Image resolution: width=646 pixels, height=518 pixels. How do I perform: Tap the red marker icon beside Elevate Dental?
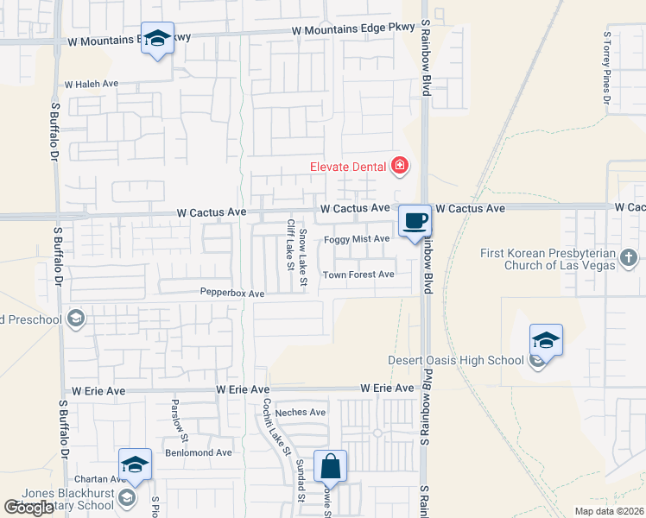click(399, 165)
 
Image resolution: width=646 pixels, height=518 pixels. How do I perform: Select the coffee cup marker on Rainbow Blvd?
click(415, 221)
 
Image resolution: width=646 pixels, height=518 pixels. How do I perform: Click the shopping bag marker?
click(330, 467)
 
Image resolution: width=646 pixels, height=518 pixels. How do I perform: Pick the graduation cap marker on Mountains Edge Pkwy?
click(157, 39)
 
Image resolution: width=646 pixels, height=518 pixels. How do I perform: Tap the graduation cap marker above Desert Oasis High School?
click(546, 341)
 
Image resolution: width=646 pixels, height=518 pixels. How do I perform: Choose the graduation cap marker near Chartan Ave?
click(135, 465)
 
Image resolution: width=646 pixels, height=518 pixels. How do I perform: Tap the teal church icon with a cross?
click(630, 256)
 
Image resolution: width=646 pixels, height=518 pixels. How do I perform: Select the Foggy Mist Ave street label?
click(358, 239)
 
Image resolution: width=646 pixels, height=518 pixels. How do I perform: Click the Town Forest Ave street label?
click(358, 275)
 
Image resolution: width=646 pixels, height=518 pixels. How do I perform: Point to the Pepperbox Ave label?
click(232, 294)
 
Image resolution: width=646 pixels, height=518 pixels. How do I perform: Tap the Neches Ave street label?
click(300, 413)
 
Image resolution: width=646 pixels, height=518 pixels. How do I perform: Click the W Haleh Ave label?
click(91, 85)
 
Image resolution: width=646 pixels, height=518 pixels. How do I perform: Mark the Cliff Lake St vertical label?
click(290, 243)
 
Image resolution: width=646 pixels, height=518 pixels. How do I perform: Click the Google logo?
click(28, 508)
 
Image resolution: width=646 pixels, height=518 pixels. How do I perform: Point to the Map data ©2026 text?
click(610, 511)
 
